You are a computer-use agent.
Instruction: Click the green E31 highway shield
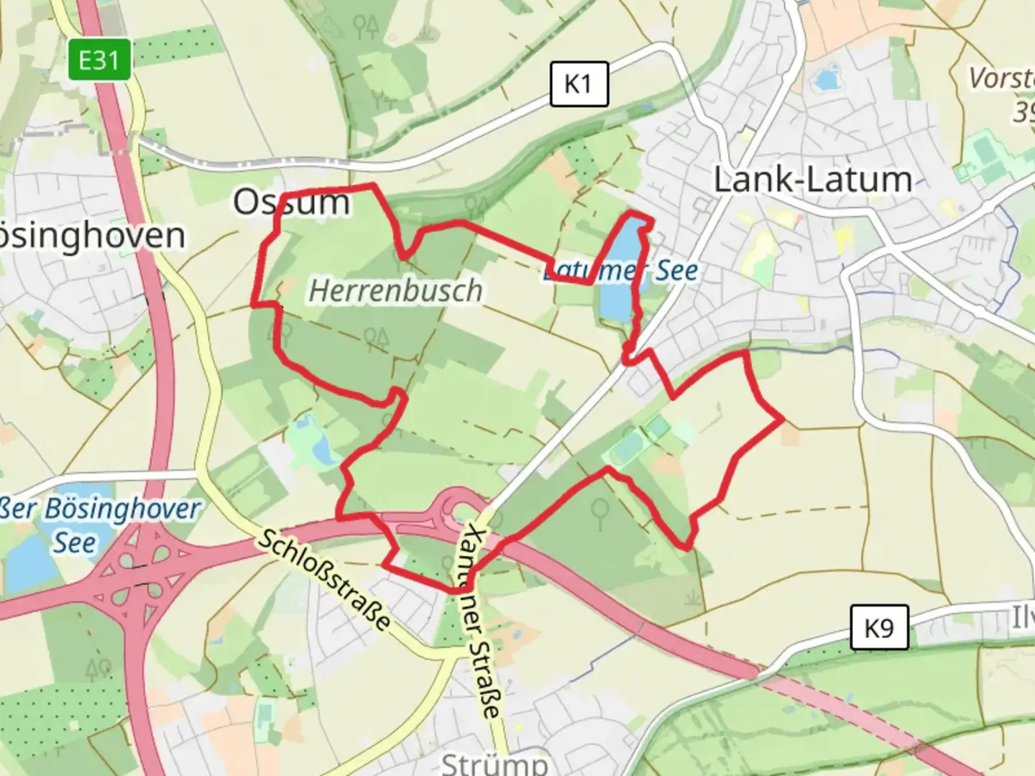pyautogui.click(x=100, y=60)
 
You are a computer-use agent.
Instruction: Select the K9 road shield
pyautogui.click(x=879, y=627)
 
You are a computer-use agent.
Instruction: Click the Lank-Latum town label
pyautogui.click(x=813, y=179)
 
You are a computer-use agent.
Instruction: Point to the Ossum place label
pyautogui.click(x=291, y=203)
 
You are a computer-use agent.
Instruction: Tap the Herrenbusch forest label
pyautogui.click(x=395, y=291)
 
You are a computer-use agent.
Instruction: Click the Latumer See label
pyautogui.click(x=620, y=271)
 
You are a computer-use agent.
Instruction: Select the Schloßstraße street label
pyautogui.click(x=324, y=580)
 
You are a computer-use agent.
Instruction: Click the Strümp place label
pyautogui.click(x=494, y=762)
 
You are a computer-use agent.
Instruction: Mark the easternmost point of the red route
pyautogui.click(x=782, y=418)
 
